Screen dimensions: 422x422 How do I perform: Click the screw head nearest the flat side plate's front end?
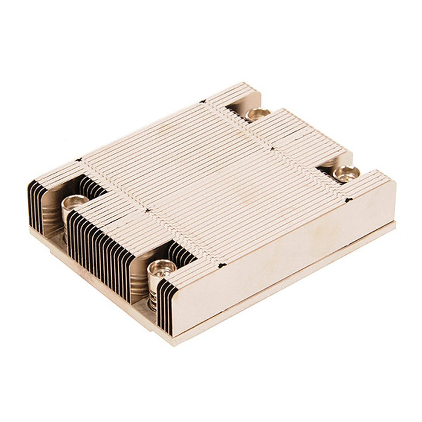tap(162, 267)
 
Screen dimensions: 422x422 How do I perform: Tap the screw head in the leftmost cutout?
tap(75, 202)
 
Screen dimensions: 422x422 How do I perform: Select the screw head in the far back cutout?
tap(258, 113)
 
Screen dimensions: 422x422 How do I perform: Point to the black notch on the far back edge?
tap(203, 102)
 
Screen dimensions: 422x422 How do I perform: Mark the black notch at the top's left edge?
tap(79, 159)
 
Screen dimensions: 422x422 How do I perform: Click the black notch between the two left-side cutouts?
tap(147, 211)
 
